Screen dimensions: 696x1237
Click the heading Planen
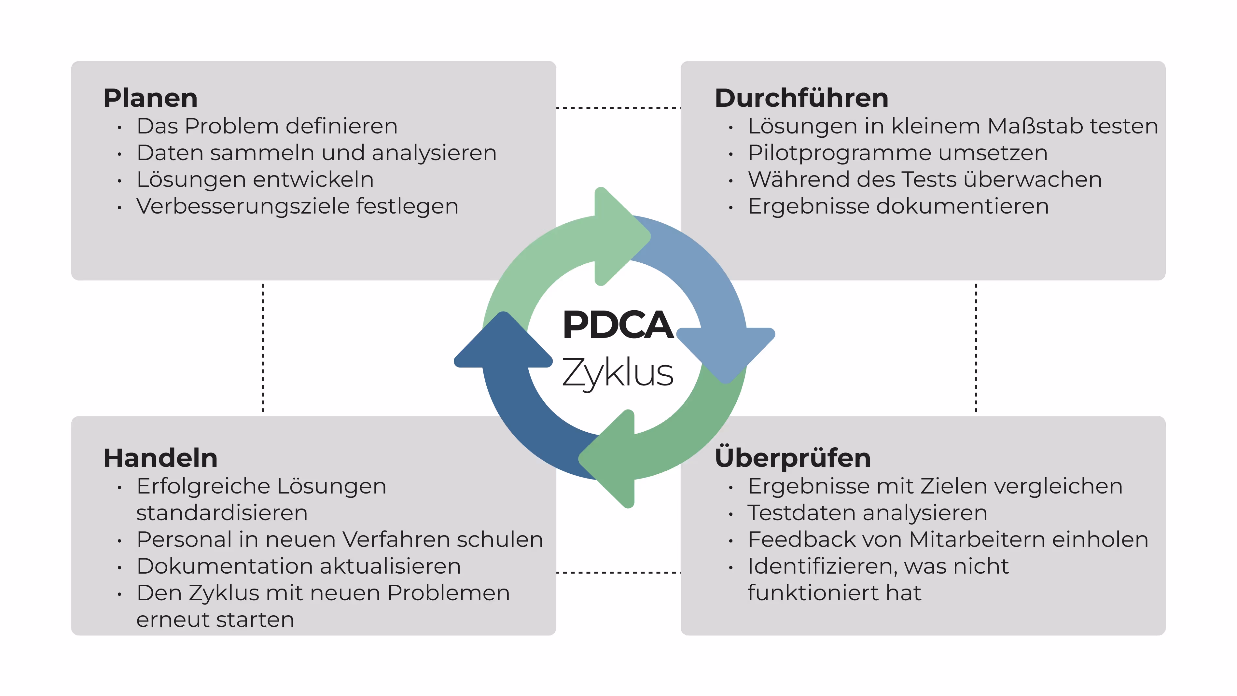coord(150,98)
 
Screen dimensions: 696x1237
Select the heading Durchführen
coord(801,98)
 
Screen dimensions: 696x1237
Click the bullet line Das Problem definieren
coord(267,126)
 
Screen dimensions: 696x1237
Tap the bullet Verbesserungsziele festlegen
coord(297,206)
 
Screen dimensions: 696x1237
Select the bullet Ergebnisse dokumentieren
coord(898,206)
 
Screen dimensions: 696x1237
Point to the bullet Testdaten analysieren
coord(867,513)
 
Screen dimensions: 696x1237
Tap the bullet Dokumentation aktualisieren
coord(299,566)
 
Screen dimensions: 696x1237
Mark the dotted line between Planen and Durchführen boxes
coord(618,108)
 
